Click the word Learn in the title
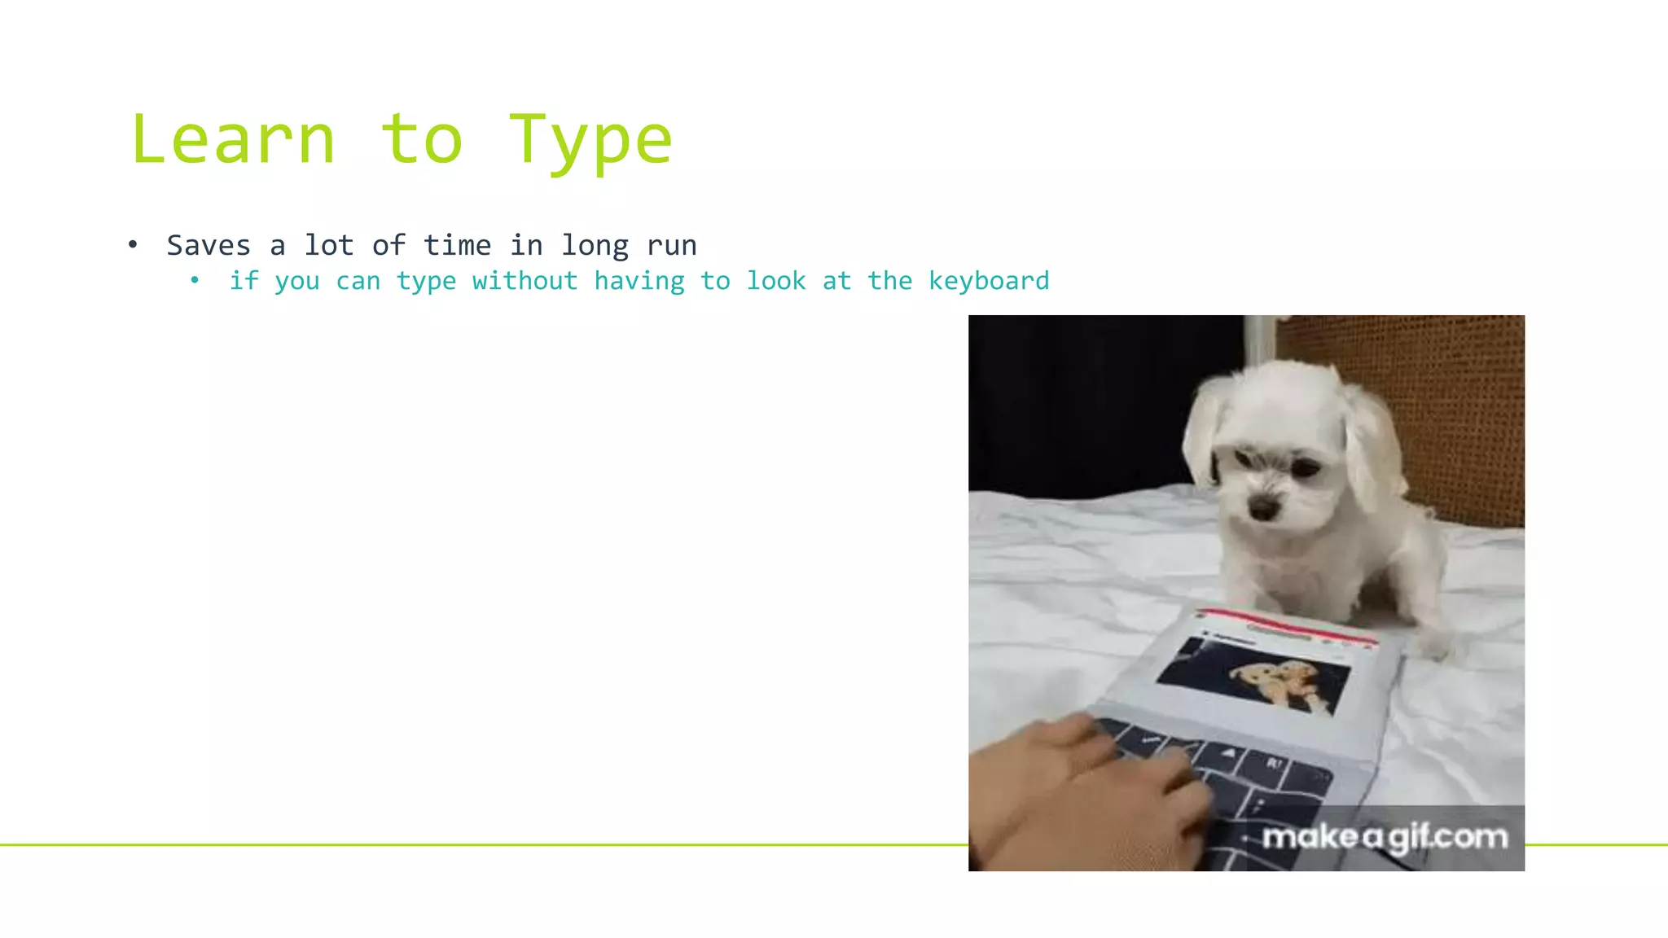point(233,140)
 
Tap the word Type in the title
point(590,140)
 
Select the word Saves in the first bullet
point(208,245)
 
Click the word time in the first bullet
point(457,245)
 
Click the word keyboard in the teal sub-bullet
point(989,281)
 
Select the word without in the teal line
point(525,281)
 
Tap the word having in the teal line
point(639,281)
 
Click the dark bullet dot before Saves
point(133,244)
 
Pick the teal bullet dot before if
point(195,281)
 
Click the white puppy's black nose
point(1263,509)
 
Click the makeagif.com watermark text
point(1385,837)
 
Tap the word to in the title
point(422,140)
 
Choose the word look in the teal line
point(776,281)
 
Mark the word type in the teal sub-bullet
point(426,281)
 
